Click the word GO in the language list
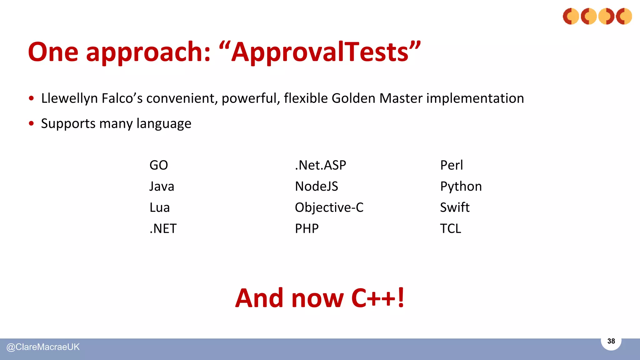[158, 165]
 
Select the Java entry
[162, 186]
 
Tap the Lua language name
[159, 207]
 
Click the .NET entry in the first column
[163, 229]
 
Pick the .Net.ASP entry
[320, 165]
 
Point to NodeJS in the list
[316, 186]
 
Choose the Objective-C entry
[329, 207]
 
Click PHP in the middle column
[307, 229]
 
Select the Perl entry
[451, 165]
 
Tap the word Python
[461, 187]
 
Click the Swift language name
[454, 207]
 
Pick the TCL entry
[450, 229]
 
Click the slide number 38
[611, 341]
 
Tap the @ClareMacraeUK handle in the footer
[43, 347]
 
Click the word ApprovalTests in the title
[320, 52]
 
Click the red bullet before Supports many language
[31, 123]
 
